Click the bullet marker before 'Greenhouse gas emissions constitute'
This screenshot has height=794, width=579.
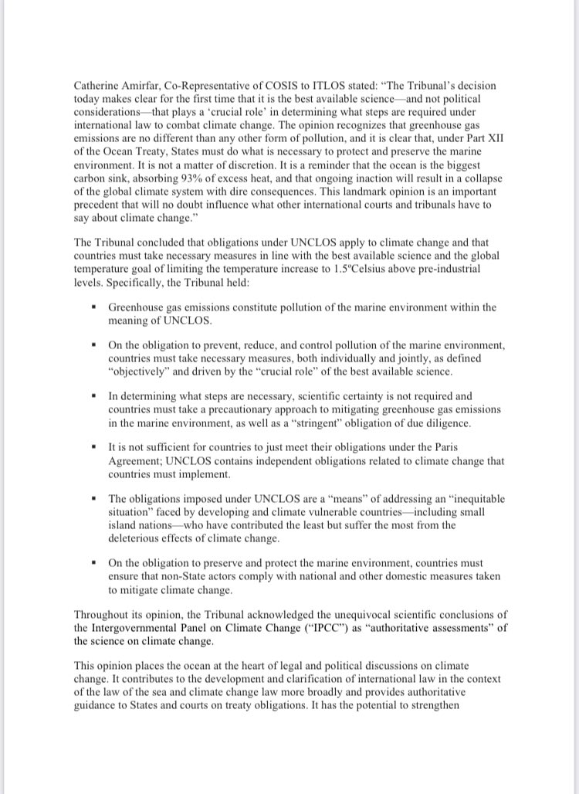click(x=93, y=307)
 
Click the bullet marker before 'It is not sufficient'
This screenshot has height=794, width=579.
click(x=93, y=446)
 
